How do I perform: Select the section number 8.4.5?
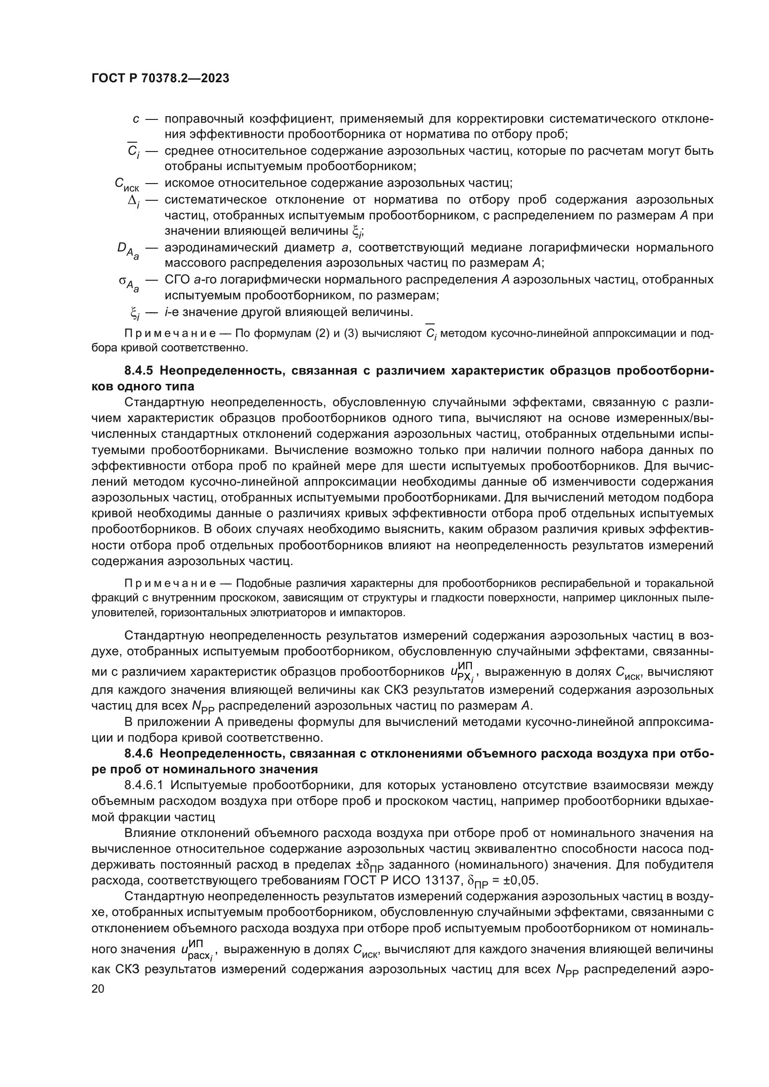139,371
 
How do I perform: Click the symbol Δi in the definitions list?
134,201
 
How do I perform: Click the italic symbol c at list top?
136,119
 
